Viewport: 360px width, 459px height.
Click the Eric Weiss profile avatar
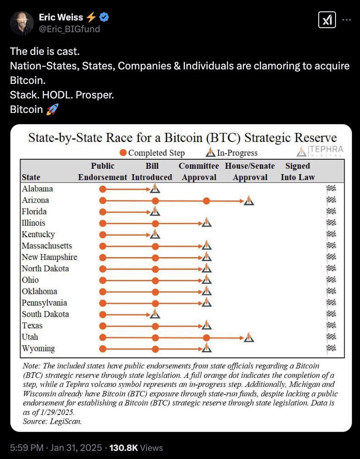22,23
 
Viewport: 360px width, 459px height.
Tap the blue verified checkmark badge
104,18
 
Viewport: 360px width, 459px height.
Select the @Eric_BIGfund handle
69,29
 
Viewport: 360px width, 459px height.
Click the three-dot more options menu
346,20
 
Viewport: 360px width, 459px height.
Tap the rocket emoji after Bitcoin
53,109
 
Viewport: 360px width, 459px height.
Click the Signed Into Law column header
297,171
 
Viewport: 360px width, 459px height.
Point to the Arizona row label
35,200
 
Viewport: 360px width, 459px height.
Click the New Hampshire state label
49,257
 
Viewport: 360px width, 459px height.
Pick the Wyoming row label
38,348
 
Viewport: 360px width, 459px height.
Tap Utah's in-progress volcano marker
248,337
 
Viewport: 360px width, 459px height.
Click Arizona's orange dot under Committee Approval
206,200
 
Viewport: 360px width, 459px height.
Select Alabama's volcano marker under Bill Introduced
155,189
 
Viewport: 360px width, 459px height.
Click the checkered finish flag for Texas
331,326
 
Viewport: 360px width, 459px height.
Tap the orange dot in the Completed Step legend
123,153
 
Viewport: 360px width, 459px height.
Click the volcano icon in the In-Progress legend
210,153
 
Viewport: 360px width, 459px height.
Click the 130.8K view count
123,448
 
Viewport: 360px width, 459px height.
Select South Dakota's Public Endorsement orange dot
103,314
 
